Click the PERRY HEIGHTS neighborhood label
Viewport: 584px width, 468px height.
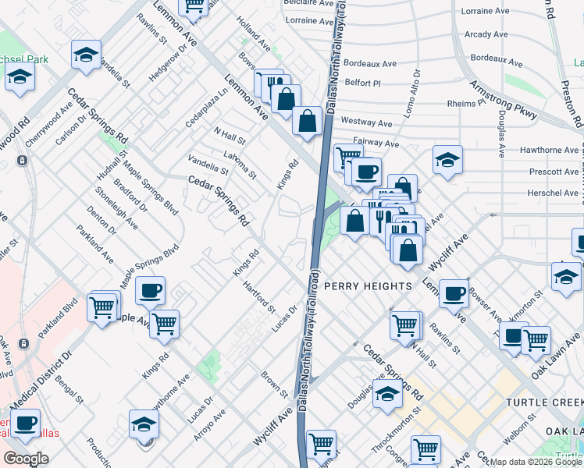click(368, 286)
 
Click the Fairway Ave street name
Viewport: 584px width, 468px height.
click(376, 144)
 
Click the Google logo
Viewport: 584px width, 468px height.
click(26, 459)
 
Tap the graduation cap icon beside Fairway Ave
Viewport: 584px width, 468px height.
click(447, 160)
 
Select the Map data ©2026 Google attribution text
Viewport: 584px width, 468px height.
click(534, 462)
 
